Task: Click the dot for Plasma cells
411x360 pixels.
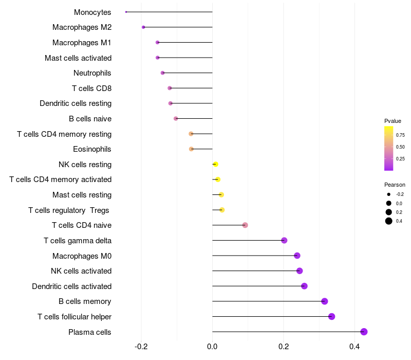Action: (364, 332)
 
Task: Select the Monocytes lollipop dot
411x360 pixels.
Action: (126, 12)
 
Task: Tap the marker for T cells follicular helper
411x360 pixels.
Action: (331, 316)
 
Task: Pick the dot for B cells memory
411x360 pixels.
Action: (324, 301)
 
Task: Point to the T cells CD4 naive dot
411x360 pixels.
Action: (245, 225)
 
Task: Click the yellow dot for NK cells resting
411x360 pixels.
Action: (216, 164)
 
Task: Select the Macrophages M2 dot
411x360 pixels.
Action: (143, 27)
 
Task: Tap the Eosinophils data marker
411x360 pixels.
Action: (191, 149)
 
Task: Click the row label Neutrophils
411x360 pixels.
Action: (92, 73)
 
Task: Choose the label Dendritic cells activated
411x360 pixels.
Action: (71, 286)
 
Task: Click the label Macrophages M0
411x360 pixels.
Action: (82, 256)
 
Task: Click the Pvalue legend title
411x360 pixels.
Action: (393, 121)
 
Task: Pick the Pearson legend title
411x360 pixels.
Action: (395, 185)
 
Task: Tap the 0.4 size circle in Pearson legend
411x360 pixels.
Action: (389, 221)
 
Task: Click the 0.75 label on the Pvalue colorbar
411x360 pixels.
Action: (400, 135)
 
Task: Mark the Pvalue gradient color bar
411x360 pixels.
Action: (389, 148)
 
